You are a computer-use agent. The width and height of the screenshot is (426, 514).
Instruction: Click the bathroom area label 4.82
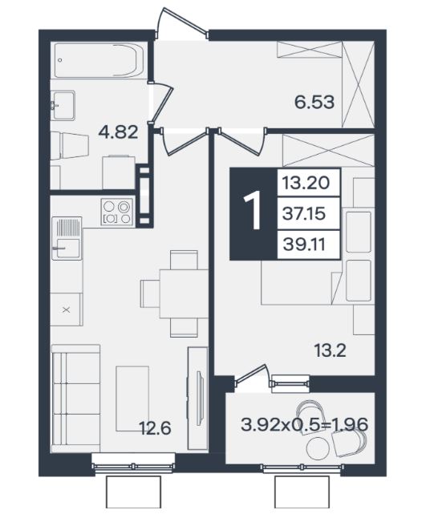point(118,133)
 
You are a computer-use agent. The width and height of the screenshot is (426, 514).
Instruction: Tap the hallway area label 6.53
point(314,102)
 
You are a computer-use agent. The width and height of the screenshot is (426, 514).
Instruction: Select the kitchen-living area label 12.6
point(155,428)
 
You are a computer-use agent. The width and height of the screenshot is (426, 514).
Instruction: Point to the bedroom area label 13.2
point(330,350)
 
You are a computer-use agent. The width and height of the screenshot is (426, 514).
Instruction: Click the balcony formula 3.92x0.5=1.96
point(305,425)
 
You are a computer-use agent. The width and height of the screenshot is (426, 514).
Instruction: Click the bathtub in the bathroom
point(99,60)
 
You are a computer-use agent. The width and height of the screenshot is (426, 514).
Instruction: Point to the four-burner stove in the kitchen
point(117,212)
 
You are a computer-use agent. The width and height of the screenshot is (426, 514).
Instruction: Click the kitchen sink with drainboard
point(67,238)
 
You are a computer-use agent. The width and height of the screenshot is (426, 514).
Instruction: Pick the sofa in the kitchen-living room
point(75,399)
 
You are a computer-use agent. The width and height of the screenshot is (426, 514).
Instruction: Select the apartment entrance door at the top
point(181,25)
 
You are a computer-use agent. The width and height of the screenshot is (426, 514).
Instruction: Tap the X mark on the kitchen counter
point(67,310)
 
